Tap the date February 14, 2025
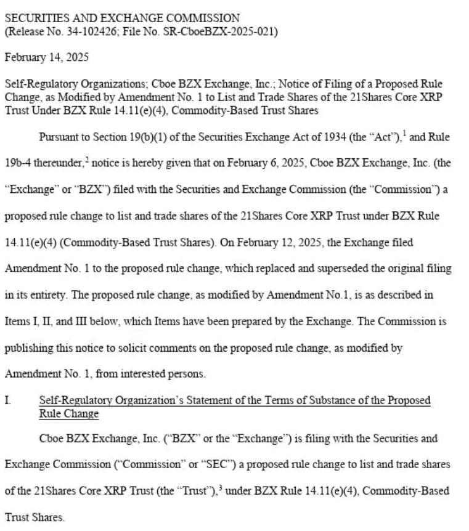coord(47,57)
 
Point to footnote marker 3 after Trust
coord(220,487)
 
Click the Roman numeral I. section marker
coord(7,400)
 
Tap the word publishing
coord(29,348)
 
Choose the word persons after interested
coord(189,374)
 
